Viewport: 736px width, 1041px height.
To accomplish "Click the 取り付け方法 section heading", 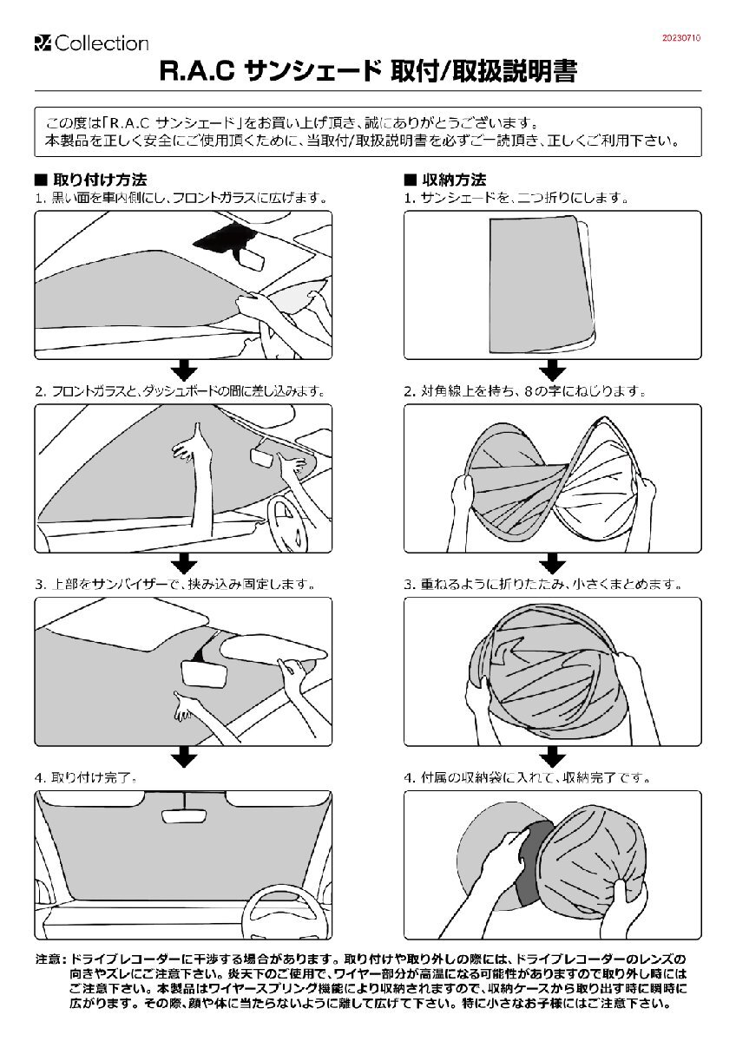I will (99, 180).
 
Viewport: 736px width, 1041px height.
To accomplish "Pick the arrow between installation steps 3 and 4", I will (182, 756).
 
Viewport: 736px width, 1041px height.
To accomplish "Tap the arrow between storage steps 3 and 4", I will (552, 756).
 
